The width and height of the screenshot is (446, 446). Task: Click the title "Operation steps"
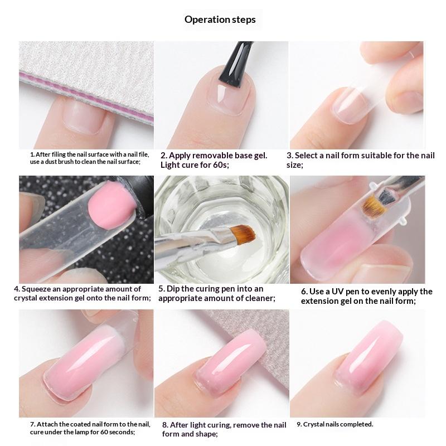(220, 20)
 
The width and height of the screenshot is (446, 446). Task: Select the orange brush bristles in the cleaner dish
(242, 234)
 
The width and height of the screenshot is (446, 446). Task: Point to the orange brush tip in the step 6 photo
(375, 206)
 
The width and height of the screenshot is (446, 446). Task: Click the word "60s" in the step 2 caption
(220, 165)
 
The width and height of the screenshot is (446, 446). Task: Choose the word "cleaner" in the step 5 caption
(260, 298)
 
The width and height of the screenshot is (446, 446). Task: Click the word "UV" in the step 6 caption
(338, 292)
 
